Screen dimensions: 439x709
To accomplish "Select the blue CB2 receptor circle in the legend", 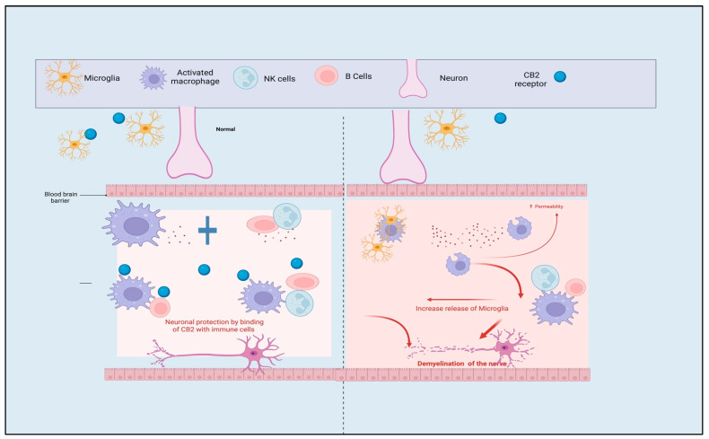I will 560,77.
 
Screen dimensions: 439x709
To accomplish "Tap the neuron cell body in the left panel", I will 254,354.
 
